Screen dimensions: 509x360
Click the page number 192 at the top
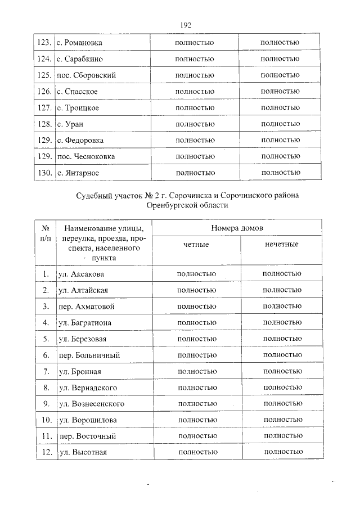click(186, 25)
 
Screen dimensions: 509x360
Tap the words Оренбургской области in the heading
click(186, 206)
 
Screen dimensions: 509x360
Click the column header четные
click(196, 245)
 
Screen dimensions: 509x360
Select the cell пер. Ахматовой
click(86, 307)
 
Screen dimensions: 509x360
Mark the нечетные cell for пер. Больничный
click(282, 355)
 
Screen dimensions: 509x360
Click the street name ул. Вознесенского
click(91, 404)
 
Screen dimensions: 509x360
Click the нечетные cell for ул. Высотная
click(282, 452)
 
